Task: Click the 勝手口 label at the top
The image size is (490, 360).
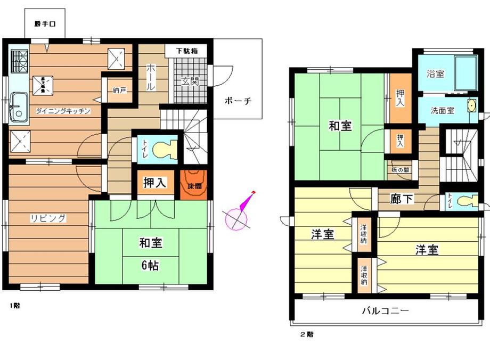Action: (45, 24)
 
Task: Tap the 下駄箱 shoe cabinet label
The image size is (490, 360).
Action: (187, 51)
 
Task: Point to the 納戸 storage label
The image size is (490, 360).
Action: (119, 91)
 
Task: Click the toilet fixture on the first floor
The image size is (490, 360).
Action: (164, 150)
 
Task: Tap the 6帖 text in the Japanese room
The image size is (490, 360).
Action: (151, 264)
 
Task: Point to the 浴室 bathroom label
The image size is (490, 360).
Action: (435, 74)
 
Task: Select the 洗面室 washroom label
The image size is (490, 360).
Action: (443, 111)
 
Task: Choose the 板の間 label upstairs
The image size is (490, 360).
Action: (399, 169)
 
